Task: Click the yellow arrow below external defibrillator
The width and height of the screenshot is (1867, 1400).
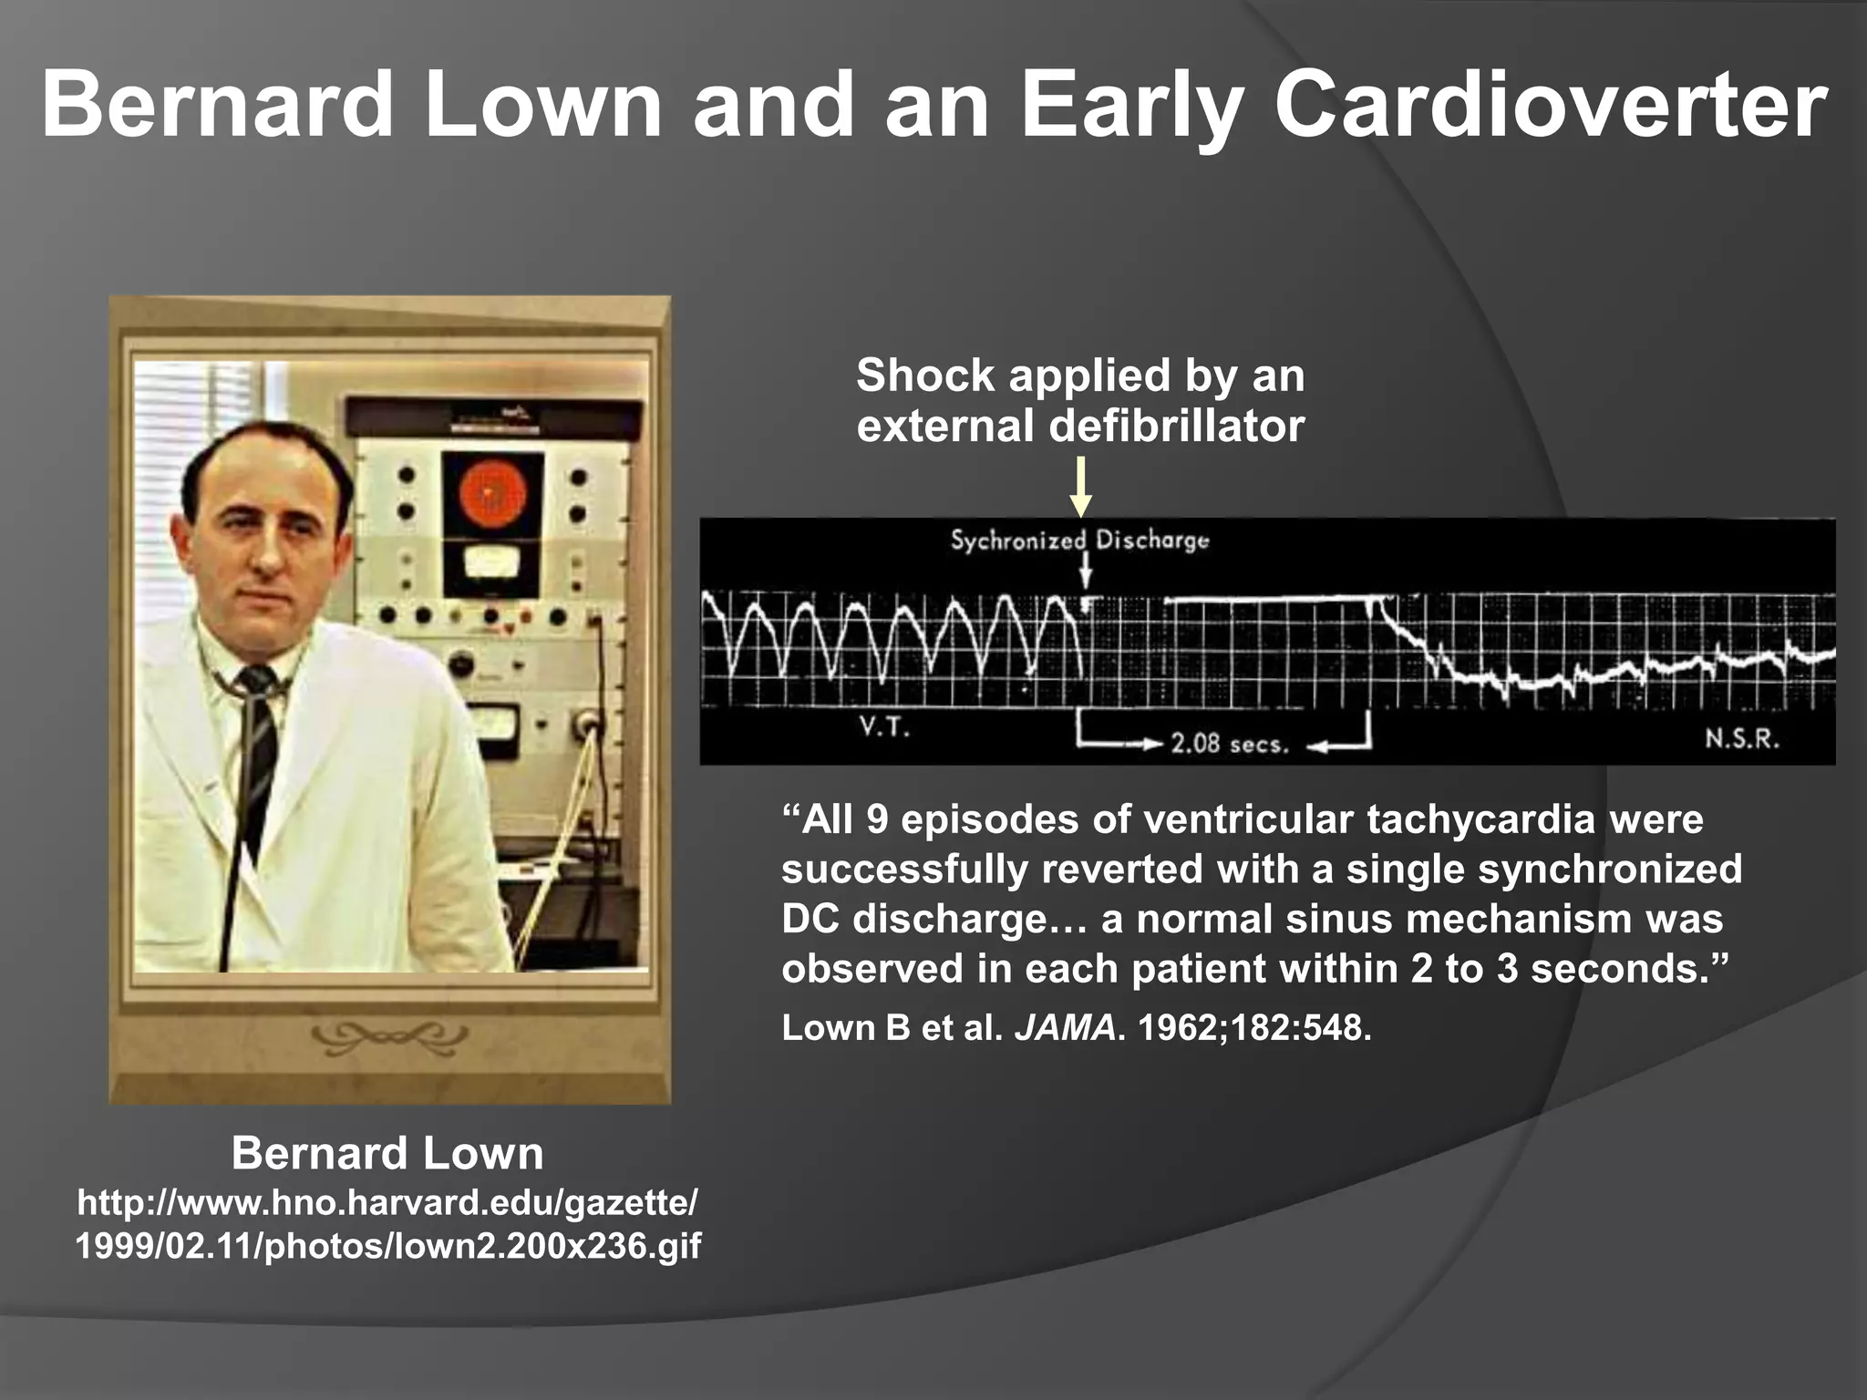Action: [1080, 488]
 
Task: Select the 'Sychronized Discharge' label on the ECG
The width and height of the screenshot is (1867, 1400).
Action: [1079, 540]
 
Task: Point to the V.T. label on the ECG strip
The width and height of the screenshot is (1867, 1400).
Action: [884, 728]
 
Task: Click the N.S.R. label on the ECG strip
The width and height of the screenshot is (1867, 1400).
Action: [1742, 738]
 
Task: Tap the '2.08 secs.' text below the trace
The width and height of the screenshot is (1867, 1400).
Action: [1230, 744]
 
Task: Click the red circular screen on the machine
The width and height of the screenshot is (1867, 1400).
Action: [492, 497]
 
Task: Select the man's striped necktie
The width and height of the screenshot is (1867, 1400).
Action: [258, 747]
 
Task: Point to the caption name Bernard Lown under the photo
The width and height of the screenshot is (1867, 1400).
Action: [387, 1153]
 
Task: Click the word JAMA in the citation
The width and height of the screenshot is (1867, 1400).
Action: [1065, 1028]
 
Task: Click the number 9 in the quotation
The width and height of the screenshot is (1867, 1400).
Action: [876, 819]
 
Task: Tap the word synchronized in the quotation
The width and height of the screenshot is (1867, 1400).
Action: [1610, 869]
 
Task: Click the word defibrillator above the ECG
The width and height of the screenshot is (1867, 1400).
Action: [1177, 426]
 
